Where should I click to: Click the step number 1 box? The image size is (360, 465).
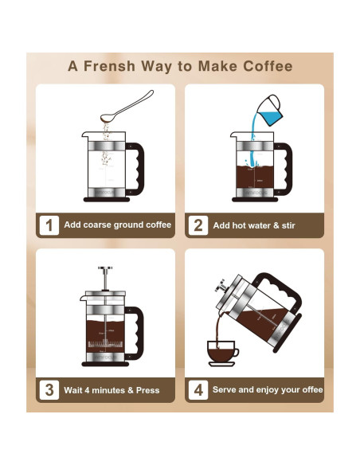point(49,225)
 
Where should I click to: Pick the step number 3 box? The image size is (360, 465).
point(49,390)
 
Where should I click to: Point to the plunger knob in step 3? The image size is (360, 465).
point(104,270)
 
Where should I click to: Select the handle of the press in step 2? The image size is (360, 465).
point(284,163)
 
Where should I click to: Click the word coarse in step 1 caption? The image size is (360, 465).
point(99,225)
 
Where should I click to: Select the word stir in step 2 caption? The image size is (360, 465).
point(287,226)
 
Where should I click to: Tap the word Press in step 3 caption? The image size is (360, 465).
point(147,391)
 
